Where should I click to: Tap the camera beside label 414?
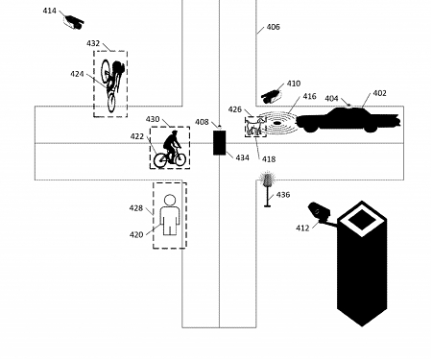click(x=73, y=20)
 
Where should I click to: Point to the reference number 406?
click(x=273, y=28)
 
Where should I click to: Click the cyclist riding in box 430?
click(x=171, y=149)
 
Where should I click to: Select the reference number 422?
click(x=137, y=137)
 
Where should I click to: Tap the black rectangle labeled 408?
click(x=219, y=142)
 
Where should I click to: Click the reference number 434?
click(x=242, y=157)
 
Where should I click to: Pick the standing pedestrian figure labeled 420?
click(x=170, y=215)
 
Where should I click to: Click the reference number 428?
click(x=136, y=207)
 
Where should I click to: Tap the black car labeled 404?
click(x=345, y=120)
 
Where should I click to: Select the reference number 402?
click(x=379, y=93)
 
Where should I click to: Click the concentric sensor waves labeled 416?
click(x=281, y=124)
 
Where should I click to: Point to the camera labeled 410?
click(x=273, y=94)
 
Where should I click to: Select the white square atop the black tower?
click(x=361, y=220)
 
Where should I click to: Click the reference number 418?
click(x=269, y=159)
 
